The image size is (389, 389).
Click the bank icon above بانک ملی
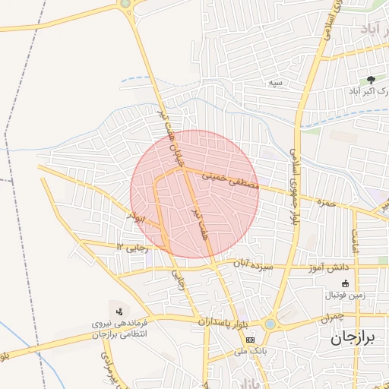250,339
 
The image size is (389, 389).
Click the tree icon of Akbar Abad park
371,79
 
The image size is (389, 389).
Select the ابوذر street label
140,219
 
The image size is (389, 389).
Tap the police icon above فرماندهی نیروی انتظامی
119,310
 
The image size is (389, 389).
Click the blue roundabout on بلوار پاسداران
270,324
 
